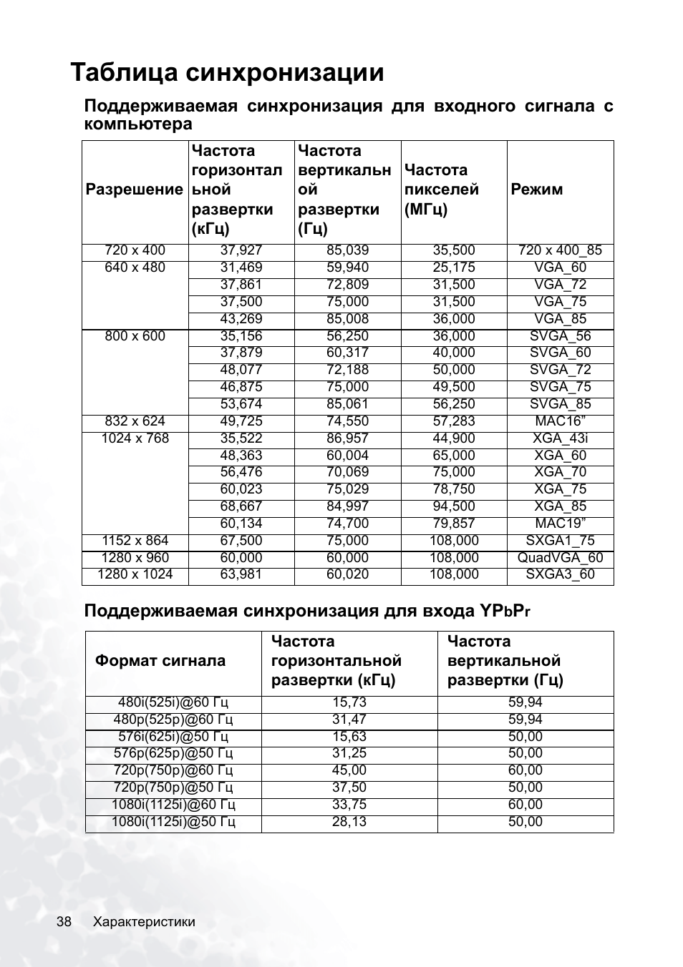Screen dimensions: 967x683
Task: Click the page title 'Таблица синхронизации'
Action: click(228, 73)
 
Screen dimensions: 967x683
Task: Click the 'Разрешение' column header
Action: click(135, 190)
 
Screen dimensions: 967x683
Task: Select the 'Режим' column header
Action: click(537, 190)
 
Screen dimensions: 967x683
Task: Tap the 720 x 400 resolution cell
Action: click(135, 250)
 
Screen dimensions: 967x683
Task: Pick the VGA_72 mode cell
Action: click(560, 285)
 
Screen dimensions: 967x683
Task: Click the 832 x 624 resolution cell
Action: click(135, 421)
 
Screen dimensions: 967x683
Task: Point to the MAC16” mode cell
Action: click(560, 421)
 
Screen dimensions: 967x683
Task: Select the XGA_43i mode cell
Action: click(560, 438)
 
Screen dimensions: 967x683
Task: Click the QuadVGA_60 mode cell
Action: click(560, 558)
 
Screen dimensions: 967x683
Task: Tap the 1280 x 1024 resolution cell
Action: click(135, 574)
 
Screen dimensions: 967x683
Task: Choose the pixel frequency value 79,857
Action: click(454, 524)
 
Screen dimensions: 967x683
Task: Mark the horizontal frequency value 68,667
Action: click(241, 506)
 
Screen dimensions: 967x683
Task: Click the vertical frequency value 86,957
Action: click(347, 438)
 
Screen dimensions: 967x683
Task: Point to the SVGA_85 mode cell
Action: click(560, 404)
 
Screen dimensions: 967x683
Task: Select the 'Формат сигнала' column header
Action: click(160, 661)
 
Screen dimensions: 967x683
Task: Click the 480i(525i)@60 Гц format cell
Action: click(173, 702)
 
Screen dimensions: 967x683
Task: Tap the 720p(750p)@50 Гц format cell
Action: click(173, 787)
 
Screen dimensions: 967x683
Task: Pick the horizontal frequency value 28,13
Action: click(349, 822)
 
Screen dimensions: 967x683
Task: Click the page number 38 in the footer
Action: click(64, 922)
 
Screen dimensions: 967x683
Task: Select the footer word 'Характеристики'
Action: click(144, 922)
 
